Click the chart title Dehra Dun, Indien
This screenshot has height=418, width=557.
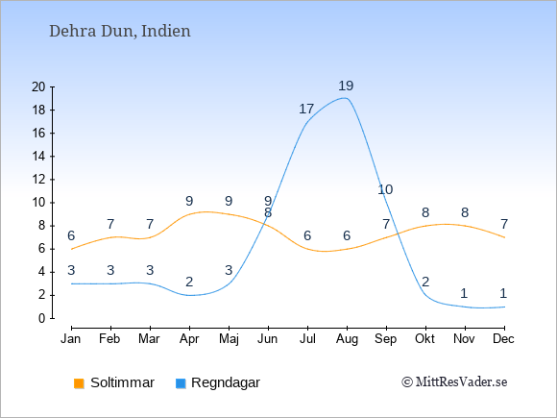point(120,32)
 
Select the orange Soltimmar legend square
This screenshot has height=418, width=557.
point(79,383)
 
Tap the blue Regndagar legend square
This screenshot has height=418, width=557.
point(181,383)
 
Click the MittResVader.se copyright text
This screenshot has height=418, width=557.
point(454,382)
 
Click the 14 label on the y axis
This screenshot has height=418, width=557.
point(38,156)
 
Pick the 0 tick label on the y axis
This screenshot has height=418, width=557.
point(42,318)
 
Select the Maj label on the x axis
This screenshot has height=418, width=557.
point(229,339)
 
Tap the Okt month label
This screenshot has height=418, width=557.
point(424,339)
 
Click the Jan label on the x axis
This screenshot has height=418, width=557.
point(71,339)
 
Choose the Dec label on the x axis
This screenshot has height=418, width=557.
point(504,339)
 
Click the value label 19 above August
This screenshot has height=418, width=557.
point(346,86)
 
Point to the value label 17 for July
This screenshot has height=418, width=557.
point(306,110)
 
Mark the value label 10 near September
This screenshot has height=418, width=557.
point(385,190)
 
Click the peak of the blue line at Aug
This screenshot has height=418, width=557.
point(345,98)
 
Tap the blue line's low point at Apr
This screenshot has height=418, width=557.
point(189,295)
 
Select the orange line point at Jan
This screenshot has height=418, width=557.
point(71,249)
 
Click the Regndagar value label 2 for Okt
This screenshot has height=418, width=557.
point(425,283)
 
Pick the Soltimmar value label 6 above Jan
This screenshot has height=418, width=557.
point(71,236)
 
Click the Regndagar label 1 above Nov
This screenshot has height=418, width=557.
point(464,294)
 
